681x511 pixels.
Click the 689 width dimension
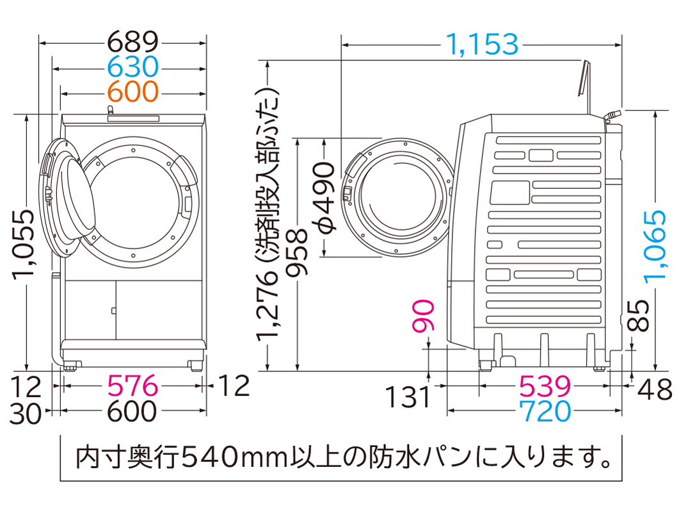tap(132, 43)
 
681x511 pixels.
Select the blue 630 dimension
tap(132, 67)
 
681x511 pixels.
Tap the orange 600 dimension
tap(132, 92)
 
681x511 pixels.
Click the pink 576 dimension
tap(132, 386)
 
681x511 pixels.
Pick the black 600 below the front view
tap(132, 411)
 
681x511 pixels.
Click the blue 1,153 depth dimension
tap(481, 44)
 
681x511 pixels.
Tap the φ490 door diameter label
tap(325, 196)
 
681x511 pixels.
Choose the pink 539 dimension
tap(544, 386)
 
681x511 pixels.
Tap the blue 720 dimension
tap(544, 411)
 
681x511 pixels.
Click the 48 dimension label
tap(655, 389)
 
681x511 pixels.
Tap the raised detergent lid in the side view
tap(582, 79)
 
